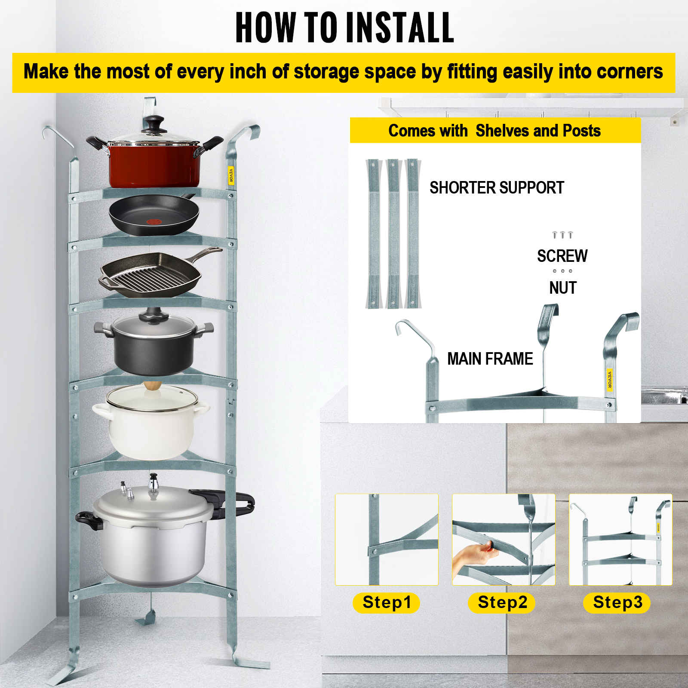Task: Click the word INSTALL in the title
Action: click(x=400, y=28)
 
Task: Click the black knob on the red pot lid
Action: click(x=154, y=125)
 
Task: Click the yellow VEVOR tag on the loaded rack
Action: click(x=231, y=175)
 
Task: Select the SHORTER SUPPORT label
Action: click(x=497, y=188)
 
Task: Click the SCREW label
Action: click(x=562, y=256)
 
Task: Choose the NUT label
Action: click(x=562, y=288)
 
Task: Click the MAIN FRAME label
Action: click(x=490, y=359)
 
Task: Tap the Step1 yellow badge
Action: click(x=387, y=602)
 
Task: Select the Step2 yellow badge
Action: click(x=502, y=602)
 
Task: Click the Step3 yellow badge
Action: click(x=617, y=602)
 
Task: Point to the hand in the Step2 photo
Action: click(x=473, y=557)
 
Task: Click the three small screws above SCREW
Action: click(x=562, y=235)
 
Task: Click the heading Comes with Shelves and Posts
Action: click(x=494, y=131)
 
